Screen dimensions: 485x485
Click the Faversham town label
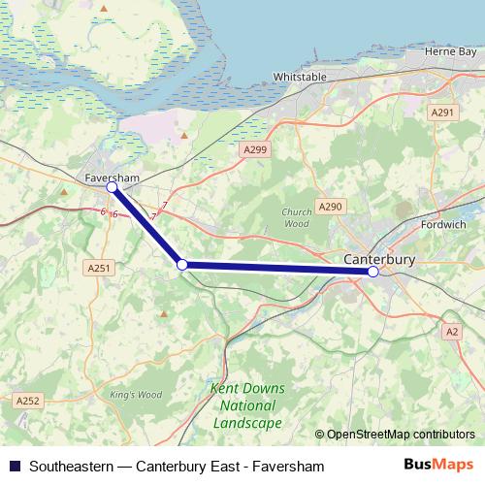tap(111, 178)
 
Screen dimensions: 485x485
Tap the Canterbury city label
tap(379, 259)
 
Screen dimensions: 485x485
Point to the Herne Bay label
tap(455, 50)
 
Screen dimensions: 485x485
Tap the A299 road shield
tap(255, 148)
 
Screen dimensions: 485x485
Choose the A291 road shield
tap(442, 113)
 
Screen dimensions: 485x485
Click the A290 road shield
tap(332, 207)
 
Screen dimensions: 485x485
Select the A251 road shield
tap(99, 268)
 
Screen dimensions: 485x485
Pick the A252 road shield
tap(27, 400)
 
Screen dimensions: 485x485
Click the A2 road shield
tap(451, 332)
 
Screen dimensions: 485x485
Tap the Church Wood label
tap(296, 217)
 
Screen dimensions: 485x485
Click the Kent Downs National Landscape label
tap(245, 405)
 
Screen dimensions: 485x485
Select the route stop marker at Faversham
tap(112, 187)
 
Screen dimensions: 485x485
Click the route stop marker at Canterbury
tap(373, 272)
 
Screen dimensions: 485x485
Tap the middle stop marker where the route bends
tap(181, 264)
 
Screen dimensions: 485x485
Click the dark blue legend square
tap(15, 466)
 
